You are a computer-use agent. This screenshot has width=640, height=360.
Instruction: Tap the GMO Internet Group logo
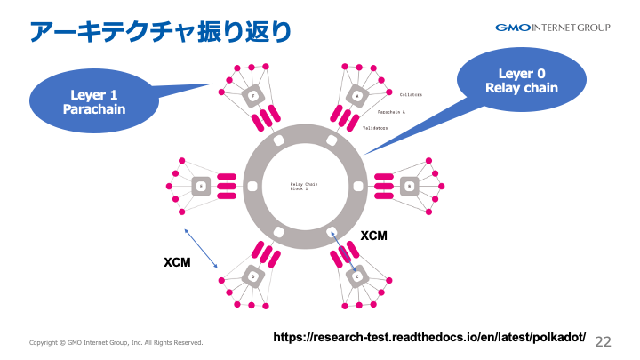point(553,28)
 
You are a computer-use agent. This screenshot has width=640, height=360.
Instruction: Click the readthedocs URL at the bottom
point(429,338)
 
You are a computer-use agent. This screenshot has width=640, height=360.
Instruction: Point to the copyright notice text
point(116,342)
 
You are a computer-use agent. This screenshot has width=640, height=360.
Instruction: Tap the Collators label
point(411,94)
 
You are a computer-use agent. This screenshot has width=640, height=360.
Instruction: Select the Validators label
point(375,128)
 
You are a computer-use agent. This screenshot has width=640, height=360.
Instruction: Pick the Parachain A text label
point(391,112)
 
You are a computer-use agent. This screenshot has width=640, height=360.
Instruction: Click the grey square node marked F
point(252,95)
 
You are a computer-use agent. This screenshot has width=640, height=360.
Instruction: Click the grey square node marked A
point(357,95)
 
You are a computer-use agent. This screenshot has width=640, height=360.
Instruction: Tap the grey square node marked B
point(409,186)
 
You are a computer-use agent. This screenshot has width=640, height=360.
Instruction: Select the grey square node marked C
point(357,276)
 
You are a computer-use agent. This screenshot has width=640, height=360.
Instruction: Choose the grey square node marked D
point(252,276)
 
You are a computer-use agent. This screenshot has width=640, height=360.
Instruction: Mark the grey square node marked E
point(201,186)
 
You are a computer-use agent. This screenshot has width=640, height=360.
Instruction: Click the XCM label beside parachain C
point(373,235)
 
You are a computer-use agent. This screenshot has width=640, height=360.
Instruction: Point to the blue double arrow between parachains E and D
point(200,248)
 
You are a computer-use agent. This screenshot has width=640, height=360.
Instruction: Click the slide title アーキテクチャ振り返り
point(160,32)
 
